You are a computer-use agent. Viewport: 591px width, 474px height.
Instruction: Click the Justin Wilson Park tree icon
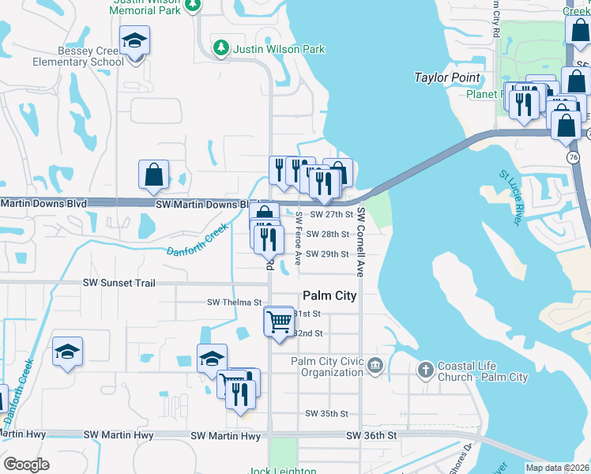tap(222, 49)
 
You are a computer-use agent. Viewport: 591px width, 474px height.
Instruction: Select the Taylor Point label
tap(447, 77)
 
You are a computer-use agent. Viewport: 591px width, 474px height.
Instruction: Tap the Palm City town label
tap(329, 295)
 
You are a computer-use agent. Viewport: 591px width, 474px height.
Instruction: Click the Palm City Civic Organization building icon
tap(375, 364)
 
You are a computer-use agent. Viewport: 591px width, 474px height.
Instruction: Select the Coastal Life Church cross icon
tap(425, 369)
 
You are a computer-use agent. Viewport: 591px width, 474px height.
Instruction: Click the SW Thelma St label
tap(234, 303)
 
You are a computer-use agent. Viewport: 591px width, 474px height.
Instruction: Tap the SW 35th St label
tap(327, 414)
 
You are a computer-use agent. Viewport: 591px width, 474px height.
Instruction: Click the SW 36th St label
tap(371, 435)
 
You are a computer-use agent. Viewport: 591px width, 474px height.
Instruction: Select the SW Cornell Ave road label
tap(359, 242)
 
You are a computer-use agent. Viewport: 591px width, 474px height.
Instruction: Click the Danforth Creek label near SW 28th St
tap(197, 240)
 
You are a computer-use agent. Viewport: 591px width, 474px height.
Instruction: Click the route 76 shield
tap(572, 157)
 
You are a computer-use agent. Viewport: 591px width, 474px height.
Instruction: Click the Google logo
tap(27, 465)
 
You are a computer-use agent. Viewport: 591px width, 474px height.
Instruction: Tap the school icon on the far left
tap(68, 352)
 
